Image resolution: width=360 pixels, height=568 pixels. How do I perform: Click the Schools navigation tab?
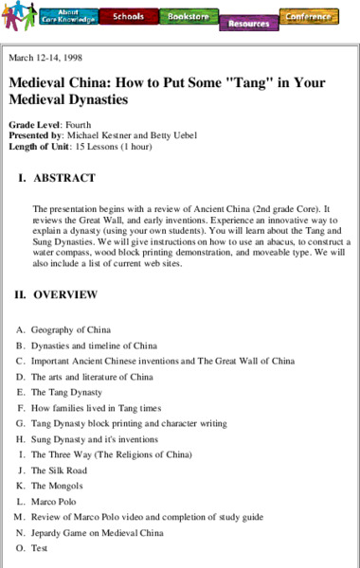pos(128,16)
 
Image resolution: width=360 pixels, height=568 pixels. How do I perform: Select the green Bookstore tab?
pos(188,16)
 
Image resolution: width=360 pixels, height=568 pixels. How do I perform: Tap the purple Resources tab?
pos(248,23)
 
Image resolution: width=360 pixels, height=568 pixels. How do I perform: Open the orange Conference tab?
pos(309,15)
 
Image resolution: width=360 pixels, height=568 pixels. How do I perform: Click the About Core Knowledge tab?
pos(66,16)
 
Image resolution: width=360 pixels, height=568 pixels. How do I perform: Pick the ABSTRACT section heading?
pos(63,177)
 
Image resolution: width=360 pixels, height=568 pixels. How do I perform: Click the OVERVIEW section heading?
pos(65,294)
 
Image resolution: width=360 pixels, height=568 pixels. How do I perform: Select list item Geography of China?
pos(71,329)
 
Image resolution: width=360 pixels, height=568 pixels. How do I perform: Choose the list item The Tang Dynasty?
pos(66,392)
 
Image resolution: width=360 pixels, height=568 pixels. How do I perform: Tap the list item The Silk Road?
pos(59,470)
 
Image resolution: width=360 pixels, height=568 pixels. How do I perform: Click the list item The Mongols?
pos(59,485)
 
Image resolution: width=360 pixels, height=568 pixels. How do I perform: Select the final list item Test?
pos(39,547)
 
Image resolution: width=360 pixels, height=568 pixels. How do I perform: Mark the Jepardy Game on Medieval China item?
pos(97,532)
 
